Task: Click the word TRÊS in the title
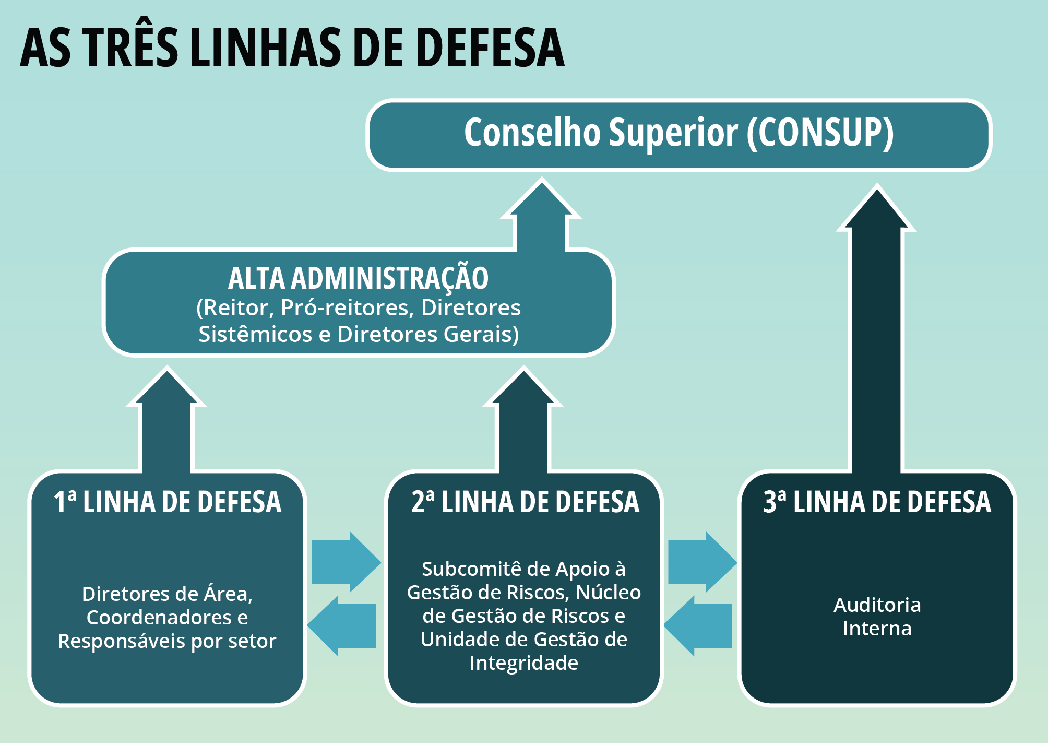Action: pos(132,48)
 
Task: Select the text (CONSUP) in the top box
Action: pos(820,133)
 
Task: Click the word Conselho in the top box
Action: pos(532,133)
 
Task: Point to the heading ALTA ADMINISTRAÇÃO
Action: pos(358,278)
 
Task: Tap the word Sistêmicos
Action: pos(255,335)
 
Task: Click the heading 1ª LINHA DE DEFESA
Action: pos(168,502)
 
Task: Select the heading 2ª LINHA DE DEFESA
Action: pos(525,502)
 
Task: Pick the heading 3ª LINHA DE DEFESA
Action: pos(877,502)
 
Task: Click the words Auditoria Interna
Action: pos(877,617)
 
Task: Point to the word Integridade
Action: pos(523,663)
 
